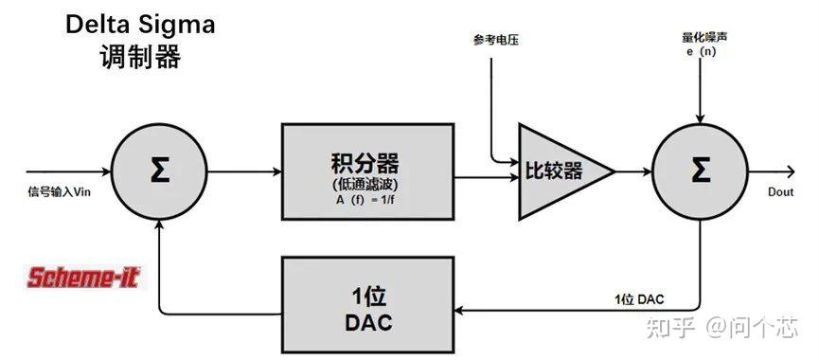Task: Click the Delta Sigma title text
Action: [140, 25]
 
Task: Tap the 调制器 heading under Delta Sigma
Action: [140, 57]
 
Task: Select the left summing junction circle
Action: [160, 171]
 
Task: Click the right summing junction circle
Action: [700, 171]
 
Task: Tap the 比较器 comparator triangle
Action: [559, 171]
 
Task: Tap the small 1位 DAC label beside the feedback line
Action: [639, 299]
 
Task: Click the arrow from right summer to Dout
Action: [769, 171]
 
